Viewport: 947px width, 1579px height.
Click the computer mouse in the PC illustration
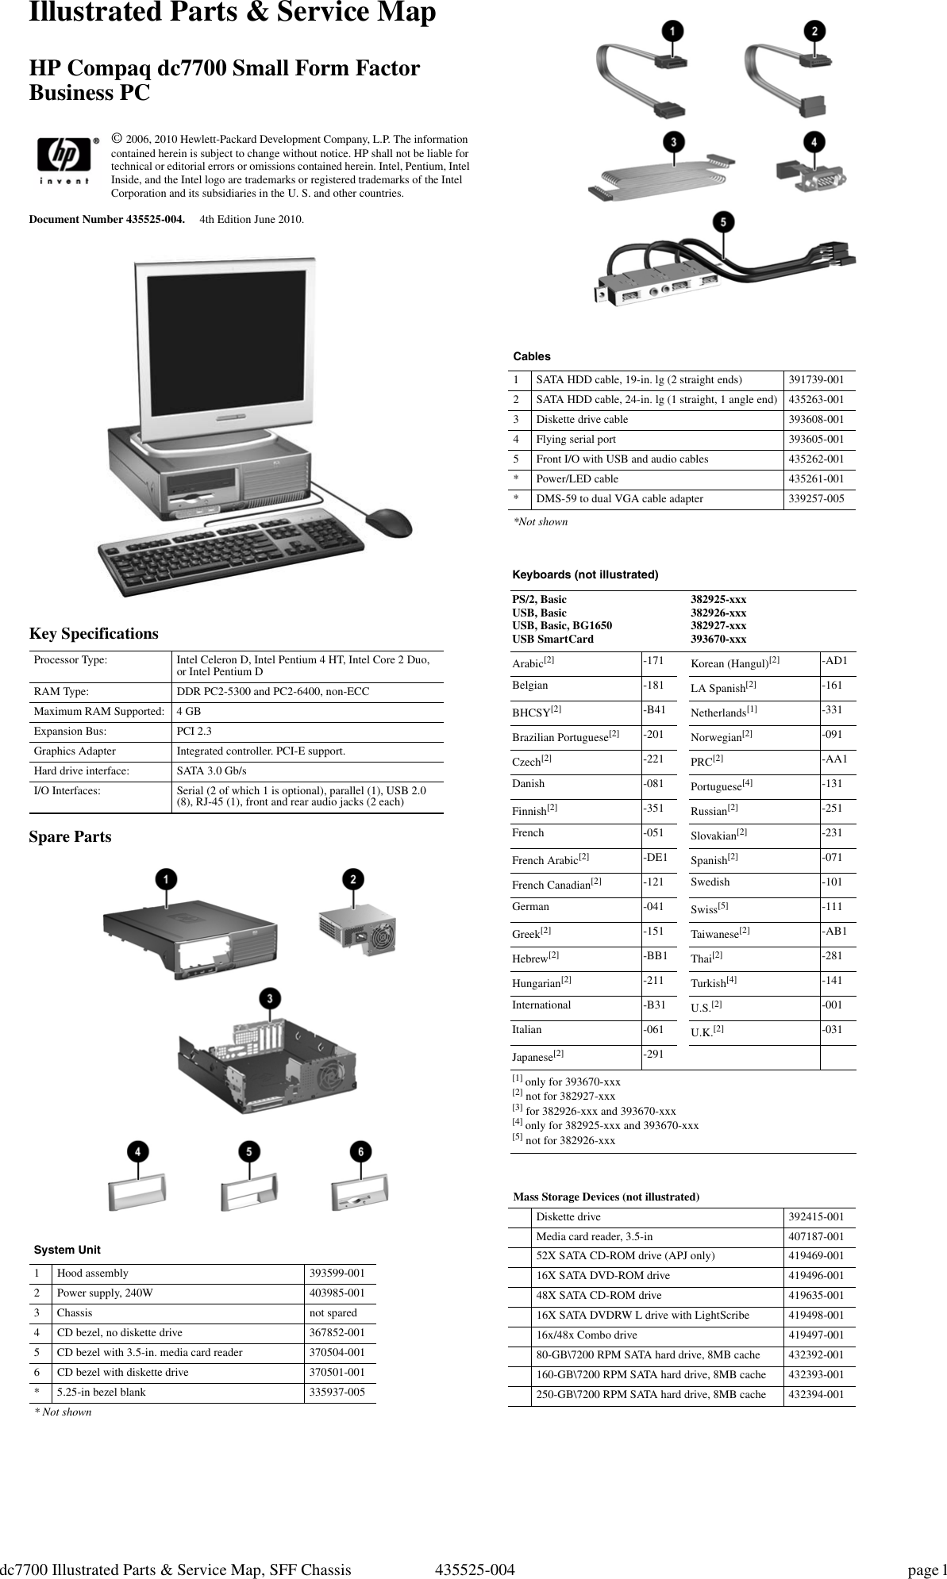tap(388, 522)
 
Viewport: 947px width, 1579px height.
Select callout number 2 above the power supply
tap(353, 879)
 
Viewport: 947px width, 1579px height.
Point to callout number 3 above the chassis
tap(271, 998)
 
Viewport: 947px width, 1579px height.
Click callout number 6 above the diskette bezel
tap(360, 1151)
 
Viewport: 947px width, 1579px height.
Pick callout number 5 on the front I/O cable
tap(722, 223)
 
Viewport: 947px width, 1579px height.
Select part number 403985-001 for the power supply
tap(337, 1293)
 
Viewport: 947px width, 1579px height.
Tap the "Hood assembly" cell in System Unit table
tap(92, 1274)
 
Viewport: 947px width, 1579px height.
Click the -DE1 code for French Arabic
tap(655, 858)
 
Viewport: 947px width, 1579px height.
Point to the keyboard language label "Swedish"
tap(710, 882)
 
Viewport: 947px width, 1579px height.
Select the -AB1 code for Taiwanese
tap(834, 932)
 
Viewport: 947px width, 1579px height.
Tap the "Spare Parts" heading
tap(71, 837)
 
